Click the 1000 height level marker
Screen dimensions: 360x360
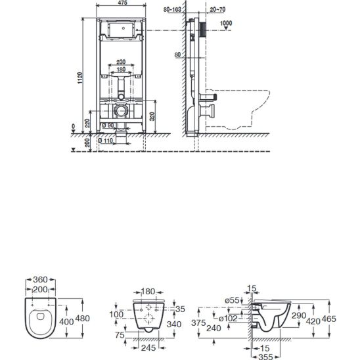228,22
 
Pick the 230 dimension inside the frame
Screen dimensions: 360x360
119,62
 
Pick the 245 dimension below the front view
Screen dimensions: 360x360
148,348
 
